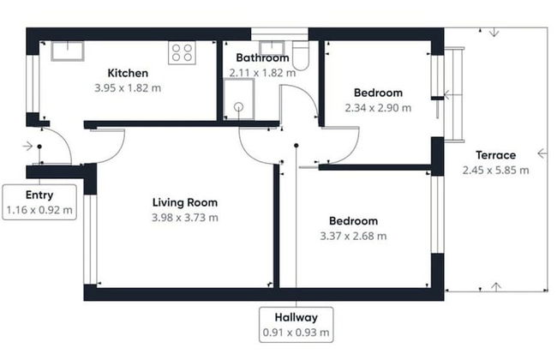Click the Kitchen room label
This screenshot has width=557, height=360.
128,73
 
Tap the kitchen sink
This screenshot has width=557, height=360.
68,51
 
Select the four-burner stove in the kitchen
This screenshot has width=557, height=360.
182,52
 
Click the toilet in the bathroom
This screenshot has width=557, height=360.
301,56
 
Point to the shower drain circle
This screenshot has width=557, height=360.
239,106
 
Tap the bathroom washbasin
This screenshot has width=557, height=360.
272,48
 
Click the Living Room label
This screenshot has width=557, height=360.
185,202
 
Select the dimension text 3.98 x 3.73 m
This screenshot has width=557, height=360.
185,217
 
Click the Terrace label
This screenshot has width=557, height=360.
495,155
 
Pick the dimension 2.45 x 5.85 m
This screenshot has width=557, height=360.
495,171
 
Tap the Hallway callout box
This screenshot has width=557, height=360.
296,325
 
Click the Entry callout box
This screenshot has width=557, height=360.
39,201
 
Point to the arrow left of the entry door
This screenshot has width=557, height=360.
27,146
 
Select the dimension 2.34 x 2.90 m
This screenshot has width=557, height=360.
378,108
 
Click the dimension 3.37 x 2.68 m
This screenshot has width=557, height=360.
353,236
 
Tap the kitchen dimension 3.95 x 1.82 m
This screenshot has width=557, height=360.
128,87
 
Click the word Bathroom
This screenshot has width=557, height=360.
262,57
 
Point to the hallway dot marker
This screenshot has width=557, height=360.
296,146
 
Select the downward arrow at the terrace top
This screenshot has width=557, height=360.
494,33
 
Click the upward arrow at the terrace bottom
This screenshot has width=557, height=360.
496,286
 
